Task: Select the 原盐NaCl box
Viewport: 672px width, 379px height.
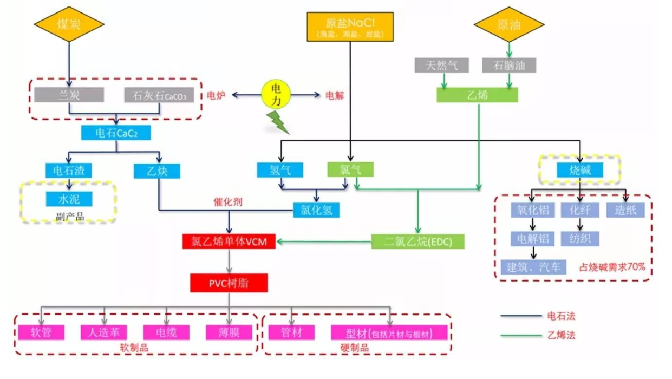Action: coord(349,25)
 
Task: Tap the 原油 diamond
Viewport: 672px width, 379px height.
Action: coord(508,24)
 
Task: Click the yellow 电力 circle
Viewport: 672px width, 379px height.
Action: coord(276,94)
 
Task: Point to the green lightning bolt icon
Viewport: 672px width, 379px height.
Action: coord(279,123)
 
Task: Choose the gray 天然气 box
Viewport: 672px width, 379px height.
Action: coord(441,66)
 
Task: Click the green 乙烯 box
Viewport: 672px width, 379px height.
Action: coord(477,95)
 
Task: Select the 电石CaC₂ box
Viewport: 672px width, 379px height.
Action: coord(115,133)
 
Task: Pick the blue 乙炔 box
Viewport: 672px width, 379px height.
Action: coord(157,171)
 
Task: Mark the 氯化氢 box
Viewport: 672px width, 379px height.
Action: coord(316,210)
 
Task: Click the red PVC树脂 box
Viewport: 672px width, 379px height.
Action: coord(229,283)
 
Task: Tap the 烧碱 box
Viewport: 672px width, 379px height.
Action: coord(580,171)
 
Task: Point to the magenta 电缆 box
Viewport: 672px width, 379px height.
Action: coord(167,332)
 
